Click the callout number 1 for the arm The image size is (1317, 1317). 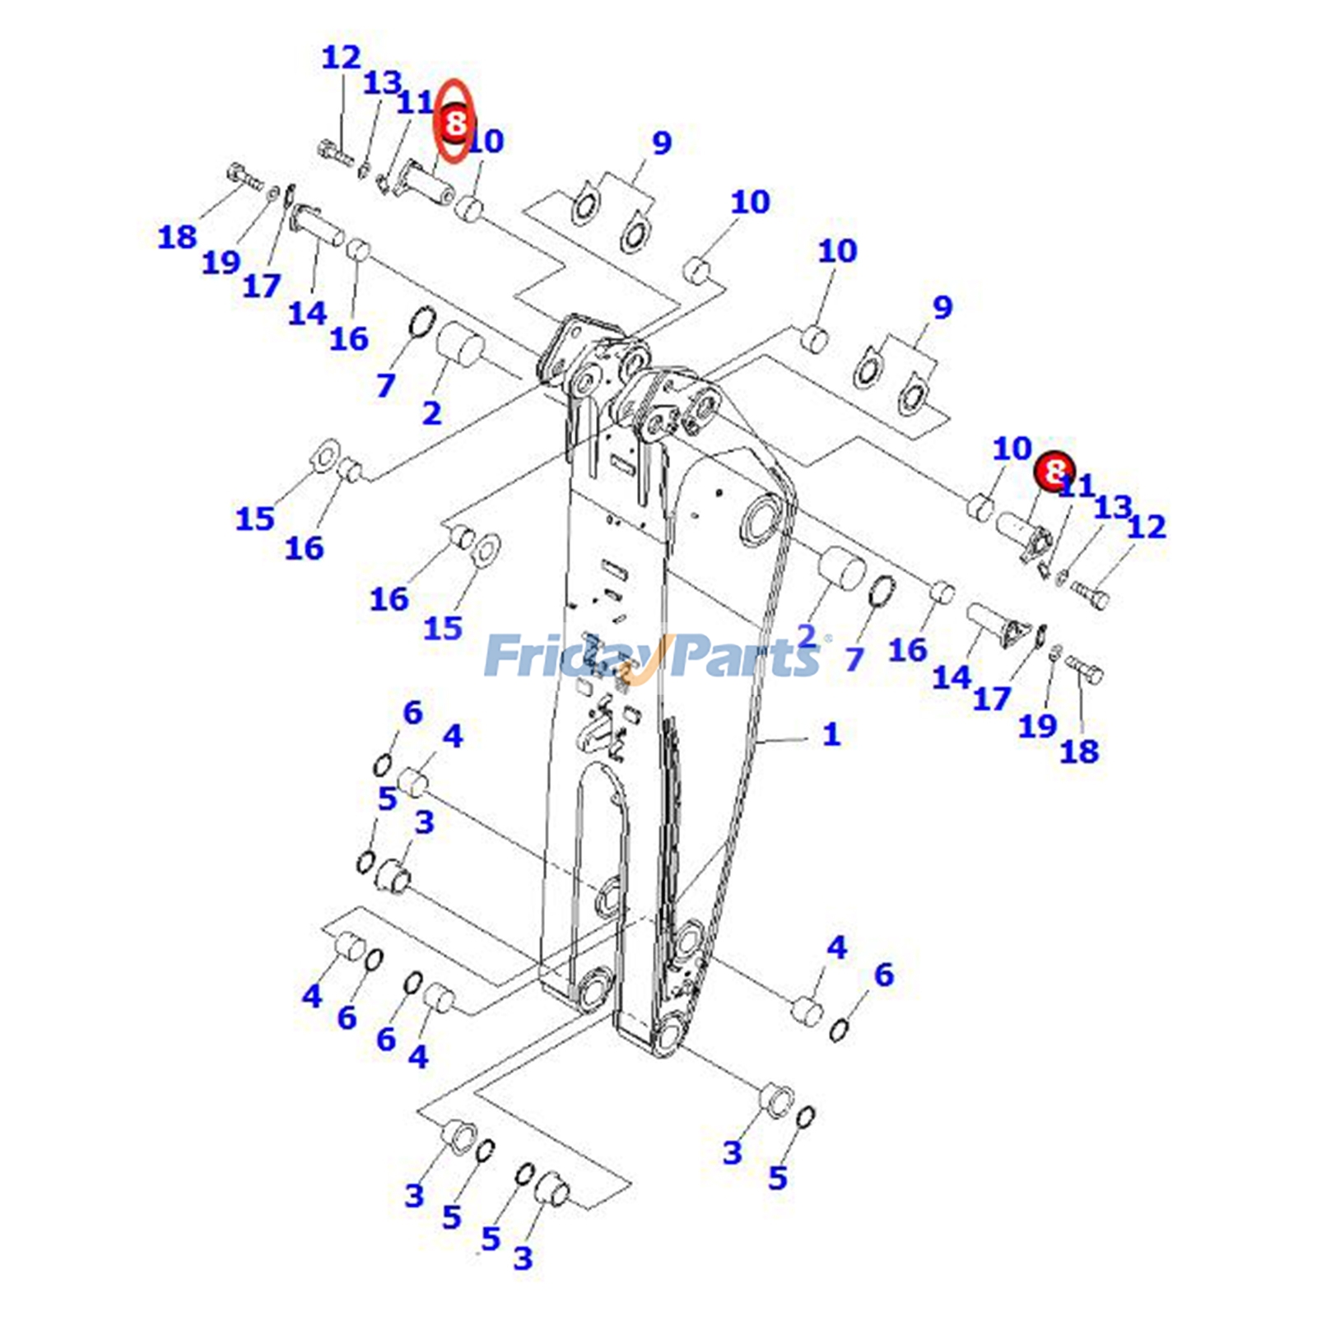pos(831,733)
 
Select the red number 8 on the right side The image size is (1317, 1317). pos(1054,472)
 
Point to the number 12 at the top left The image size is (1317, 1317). pos(341,58)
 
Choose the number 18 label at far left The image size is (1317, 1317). pos(178,237)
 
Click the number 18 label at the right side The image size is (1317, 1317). pos(1079,751)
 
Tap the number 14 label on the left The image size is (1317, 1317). pos(307,313)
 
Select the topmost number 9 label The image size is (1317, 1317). pos(662,142)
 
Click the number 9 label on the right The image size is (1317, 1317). pos(942,307)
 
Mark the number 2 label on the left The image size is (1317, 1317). pos(432,412)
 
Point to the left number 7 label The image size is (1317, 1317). pos(386,384)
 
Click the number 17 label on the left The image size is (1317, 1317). pos(262,286)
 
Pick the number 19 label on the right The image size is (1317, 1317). pos(1037,725)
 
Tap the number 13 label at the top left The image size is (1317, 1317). pos(382,82)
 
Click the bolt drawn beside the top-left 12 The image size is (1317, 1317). pos(334,152)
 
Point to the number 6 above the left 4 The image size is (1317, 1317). pos(412,712)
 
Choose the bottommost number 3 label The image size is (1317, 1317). pos(523,1258)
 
